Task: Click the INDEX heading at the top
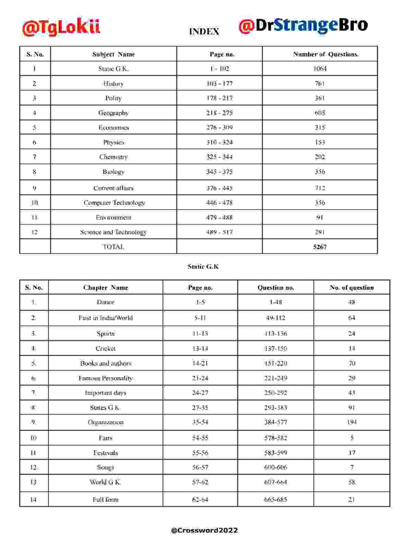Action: (x=204, y=32)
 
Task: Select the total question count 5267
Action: (x=320, y=246)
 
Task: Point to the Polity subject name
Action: (x=113, y=98)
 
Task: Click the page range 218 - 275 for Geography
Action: (x=219, y=113)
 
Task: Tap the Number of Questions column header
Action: (x=326, y=54)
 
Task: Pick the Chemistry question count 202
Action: (x=320, y=157)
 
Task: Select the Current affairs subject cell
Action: (x=113, y=188)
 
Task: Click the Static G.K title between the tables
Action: (x=203, y=267)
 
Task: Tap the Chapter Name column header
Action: (x=105, y=287)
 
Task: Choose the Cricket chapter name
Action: (x=105, y=348)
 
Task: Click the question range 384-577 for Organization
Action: (x=275, y=422)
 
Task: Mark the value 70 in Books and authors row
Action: (x=351, y=363)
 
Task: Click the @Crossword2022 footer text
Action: (x=205, y=531)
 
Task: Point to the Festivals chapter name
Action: (x=105, y=453)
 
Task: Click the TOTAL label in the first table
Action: (x=113, y=246)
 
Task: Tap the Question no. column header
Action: (x=275, y=287)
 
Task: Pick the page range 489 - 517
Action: (x=219, y=232)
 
